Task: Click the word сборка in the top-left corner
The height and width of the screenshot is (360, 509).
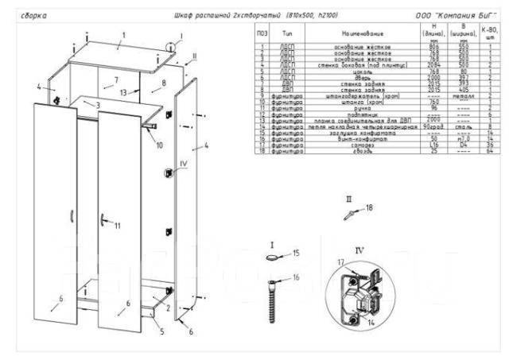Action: pos(29,15)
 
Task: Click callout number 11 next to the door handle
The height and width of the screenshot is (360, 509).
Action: pos(116,226)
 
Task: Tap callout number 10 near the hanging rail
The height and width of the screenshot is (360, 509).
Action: pos(159,145)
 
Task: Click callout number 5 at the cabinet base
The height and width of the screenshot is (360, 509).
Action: pos(162,331)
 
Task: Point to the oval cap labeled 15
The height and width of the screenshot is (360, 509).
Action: pos(273,257)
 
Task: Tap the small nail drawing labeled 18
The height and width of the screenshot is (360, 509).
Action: pos(349,214)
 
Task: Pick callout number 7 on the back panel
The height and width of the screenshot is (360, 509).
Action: pos(115,80)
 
